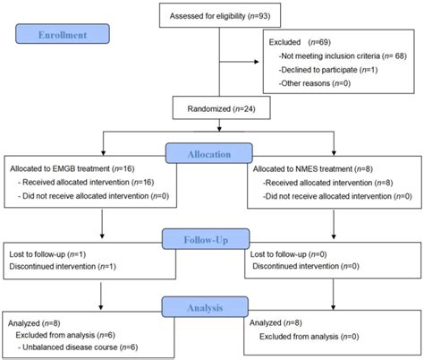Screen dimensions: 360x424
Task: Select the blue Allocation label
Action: coord(211,154)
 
